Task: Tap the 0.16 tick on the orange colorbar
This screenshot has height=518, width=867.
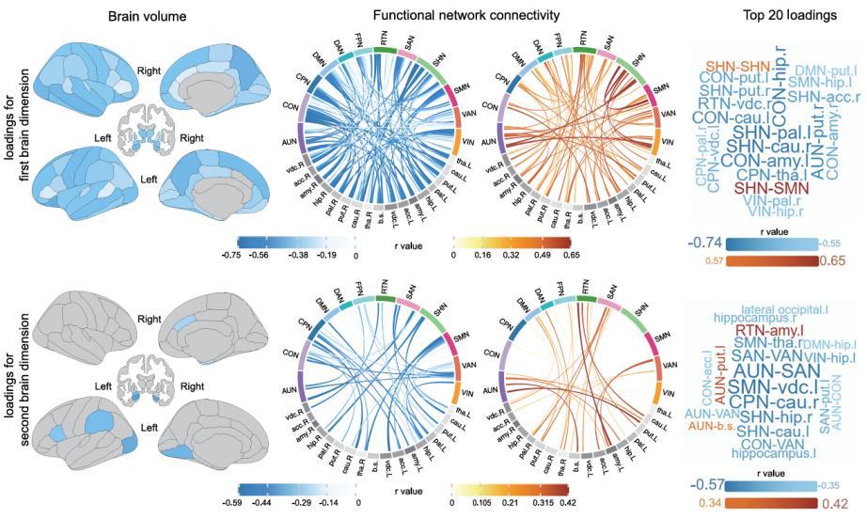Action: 484,254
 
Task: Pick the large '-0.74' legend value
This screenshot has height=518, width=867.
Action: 706,242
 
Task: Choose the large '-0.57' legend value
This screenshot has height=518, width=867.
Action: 706,485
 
